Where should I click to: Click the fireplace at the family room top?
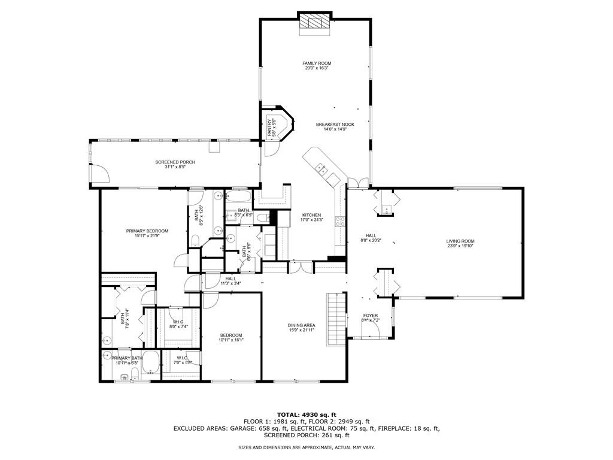click(315, 22)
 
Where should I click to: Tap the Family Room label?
click(317, 63)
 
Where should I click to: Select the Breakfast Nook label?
click(335, 125)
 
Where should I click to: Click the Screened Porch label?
click(175, 162)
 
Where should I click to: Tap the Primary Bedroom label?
click(147, 231)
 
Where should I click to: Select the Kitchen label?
click(311, 215)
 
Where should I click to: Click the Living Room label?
click(460, 241)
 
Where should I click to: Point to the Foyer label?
click(371, 316)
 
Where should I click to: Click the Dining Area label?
click(302, 325)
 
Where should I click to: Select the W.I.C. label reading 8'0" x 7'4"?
click(179, 323)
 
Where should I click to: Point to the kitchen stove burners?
click(339, 222)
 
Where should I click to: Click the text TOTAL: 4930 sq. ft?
click(306, 414)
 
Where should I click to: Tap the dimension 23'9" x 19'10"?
click(460, 246)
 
